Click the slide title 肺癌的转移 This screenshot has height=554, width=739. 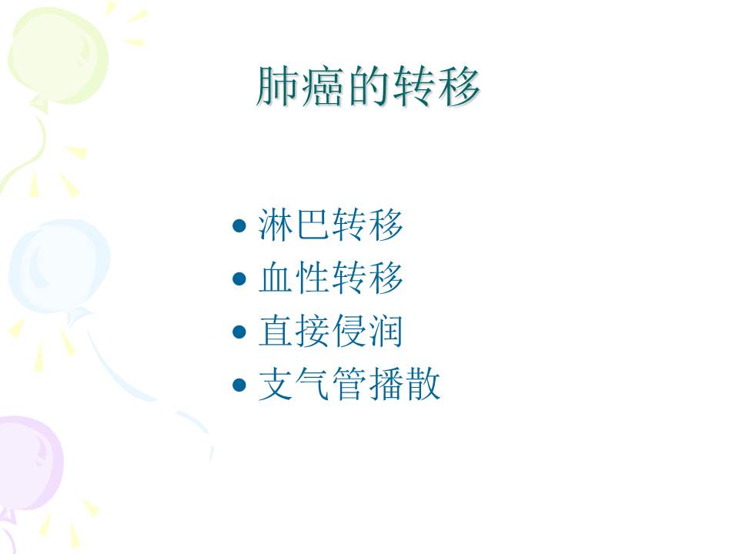pyautogui.click(x=368, y=87)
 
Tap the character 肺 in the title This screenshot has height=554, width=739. pyautogui.click(x=278, y=87)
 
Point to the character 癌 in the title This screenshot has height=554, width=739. pyautogui.click(x=323, y=87)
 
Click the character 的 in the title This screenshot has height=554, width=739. pyautogui.click(x=368, y=87)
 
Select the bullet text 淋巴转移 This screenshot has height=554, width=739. pyautogui.click(x=331, y=225)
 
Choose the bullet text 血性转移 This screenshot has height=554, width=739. pyautogui.click(x=331, y=279)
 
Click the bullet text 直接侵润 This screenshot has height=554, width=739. pyautogui.click(x=331, y=332)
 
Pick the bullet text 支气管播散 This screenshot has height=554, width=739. pyautogui.click(x=349, y=385)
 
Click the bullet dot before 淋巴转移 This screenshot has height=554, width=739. pyautogui.click(x=239, y=226)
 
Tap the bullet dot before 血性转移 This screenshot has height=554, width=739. pyautogui.click(x=239, y=279)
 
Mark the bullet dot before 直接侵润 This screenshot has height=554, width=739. pyautogui.click(x=239, y=332)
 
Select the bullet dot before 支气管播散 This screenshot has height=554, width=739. pyautogui.click(x=239, y=385)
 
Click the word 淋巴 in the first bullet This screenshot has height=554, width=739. pyautogui.click(x=295, y=225)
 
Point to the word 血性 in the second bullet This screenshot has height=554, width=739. pyautogui.click(x=295, y=279)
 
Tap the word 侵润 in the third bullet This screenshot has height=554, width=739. pyautogui.click(x=368, y=332)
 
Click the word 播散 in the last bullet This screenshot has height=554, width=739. pyautogui.click(x=404, y=385)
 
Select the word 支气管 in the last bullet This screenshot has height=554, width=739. pyautogui.click(x=313, y=385)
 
